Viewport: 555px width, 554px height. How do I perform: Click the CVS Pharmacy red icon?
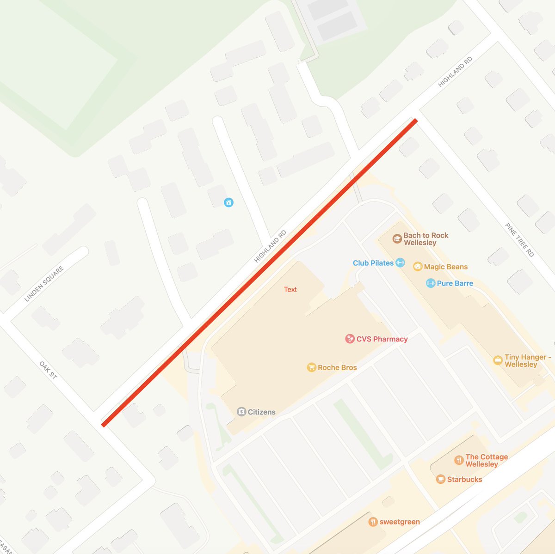click(x=350, y=339)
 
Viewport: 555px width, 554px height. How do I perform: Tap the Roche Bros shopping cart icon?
click(x=311, y=367)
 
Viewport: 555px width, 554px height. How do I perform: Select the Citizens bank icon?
click(x=241, y=412)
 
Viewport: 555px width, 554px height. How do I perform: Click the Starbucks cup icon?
click(x=440, y=479)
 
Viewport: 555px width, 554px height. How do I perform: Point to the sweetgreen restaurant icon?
click(x=373, y=522)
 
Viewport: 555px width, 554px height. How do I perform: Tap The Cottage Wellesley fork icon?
click(x=459, y=460)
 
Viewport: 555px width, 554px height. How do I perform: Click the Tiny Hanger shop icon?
click(x=498, y=360)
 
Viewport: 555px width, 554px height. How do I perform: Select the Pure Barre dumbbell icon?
click(x=430, y=283)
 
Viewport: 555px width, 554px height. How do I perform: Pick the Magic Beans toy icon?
click(x=418, y=267)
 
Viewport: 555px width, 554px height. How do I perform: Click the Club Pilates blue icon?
click(x=400, y=263)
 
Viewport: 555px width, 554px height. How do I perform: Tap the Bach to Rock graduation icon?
click(x=397, y=239)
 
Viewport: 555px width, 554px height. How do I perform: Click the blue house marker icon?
click(x=228, y=202)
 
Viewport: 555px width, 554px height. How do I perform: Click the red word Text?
click(x=290, y=289)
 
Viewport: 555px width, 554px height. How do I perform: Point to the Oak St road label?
click(x=48, y=370)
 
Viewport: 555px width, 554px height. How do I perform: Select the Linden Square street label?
click(x=44, y=284)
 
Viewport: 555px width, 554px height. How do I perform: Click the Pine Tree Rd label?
click(x=519, y=240)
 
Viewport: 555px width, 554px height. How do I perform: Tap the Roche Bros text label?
click(x=337, y=367)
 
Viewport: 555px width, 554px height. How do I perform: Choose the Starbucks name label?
click(x=464, y=479)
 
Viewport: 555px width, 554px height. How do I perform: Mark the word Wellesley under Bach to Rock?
click(x=420, y=243)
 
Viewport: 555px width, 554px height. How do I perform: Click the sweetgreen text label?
click(x=400, y=522)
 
